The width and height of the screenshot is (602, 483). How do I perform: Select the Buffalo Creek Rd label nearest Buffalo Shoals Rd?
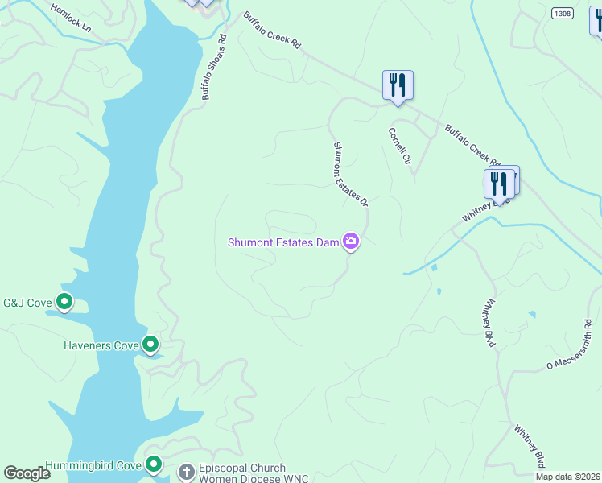271,31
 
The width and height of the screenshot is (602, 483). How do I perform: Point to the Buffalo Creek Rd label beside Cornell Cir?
472,145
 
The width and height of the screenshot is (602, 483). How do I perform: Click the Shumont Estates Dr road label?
350,174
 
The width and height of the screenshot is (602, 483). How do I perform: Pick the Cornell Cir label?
399,145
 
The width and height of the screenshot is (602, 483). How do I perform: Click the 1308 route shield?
563,14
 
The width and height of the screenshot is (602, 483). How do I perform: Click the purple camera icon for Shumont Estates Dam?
350,241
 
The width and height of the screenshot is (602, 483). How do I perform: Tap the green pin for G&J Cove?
65,303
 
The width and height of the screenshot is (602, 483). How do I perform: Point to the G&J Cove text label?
28,303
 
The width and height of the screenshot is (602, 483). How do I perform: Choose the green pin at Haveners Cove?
150,345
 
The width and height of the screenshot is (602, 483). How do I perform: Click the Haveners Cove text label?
101,346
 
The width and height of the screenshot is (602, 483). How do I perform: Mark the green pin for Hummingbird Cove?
154,464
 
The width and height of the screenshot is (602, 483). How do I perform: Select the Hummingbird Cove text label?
93,465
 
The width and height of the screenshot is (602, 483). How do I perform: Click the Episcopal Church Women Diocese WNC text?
242,473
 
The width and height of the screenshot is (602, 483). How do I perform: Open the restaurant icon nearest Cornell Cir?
398,85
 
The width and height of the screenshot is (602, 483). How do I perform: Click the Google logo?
27,473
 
